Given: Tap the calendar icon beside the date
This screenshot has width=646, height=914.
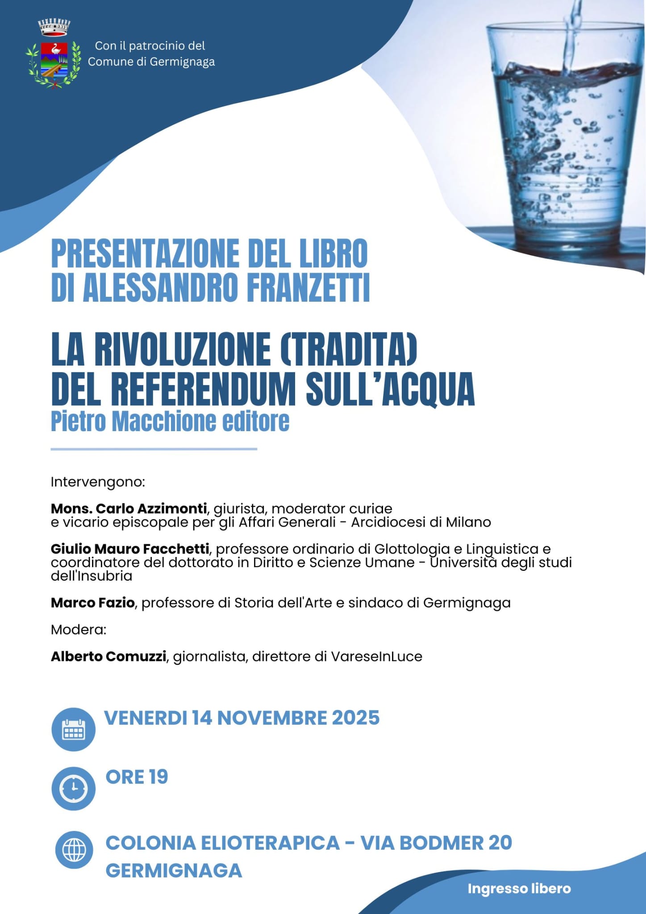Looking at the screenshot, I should coord(73,729).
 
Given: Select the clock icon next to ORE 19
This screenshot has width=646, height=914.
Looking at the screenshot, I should coord(73,789).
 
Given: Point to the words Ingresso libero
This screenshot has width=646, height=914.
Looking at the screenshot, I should coord(519,889).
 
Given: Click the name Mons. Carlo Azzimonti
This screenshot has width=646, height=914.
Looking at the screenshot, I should coord(129,508).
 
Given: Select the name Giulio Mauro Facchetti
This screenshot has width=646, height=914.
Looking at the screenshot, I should coord(130,548).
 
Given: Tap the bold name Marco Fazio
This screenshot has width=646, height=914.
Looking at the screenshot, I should coord(92,602).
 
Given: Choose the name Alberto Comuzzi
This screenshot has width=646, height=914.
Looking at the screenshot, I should coord(108,656).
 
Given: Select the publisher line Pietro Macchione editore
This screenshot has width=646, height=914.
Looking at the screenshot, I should coord(170,421).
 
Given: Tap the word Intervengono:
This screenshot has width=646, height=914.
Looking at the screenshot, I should coord(98,482).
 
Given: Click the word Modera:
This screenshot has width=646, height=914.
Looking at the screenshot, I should coord(79,630).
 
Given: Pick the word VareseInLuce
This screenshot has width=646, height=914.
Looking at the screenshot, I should coord(376,656).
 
